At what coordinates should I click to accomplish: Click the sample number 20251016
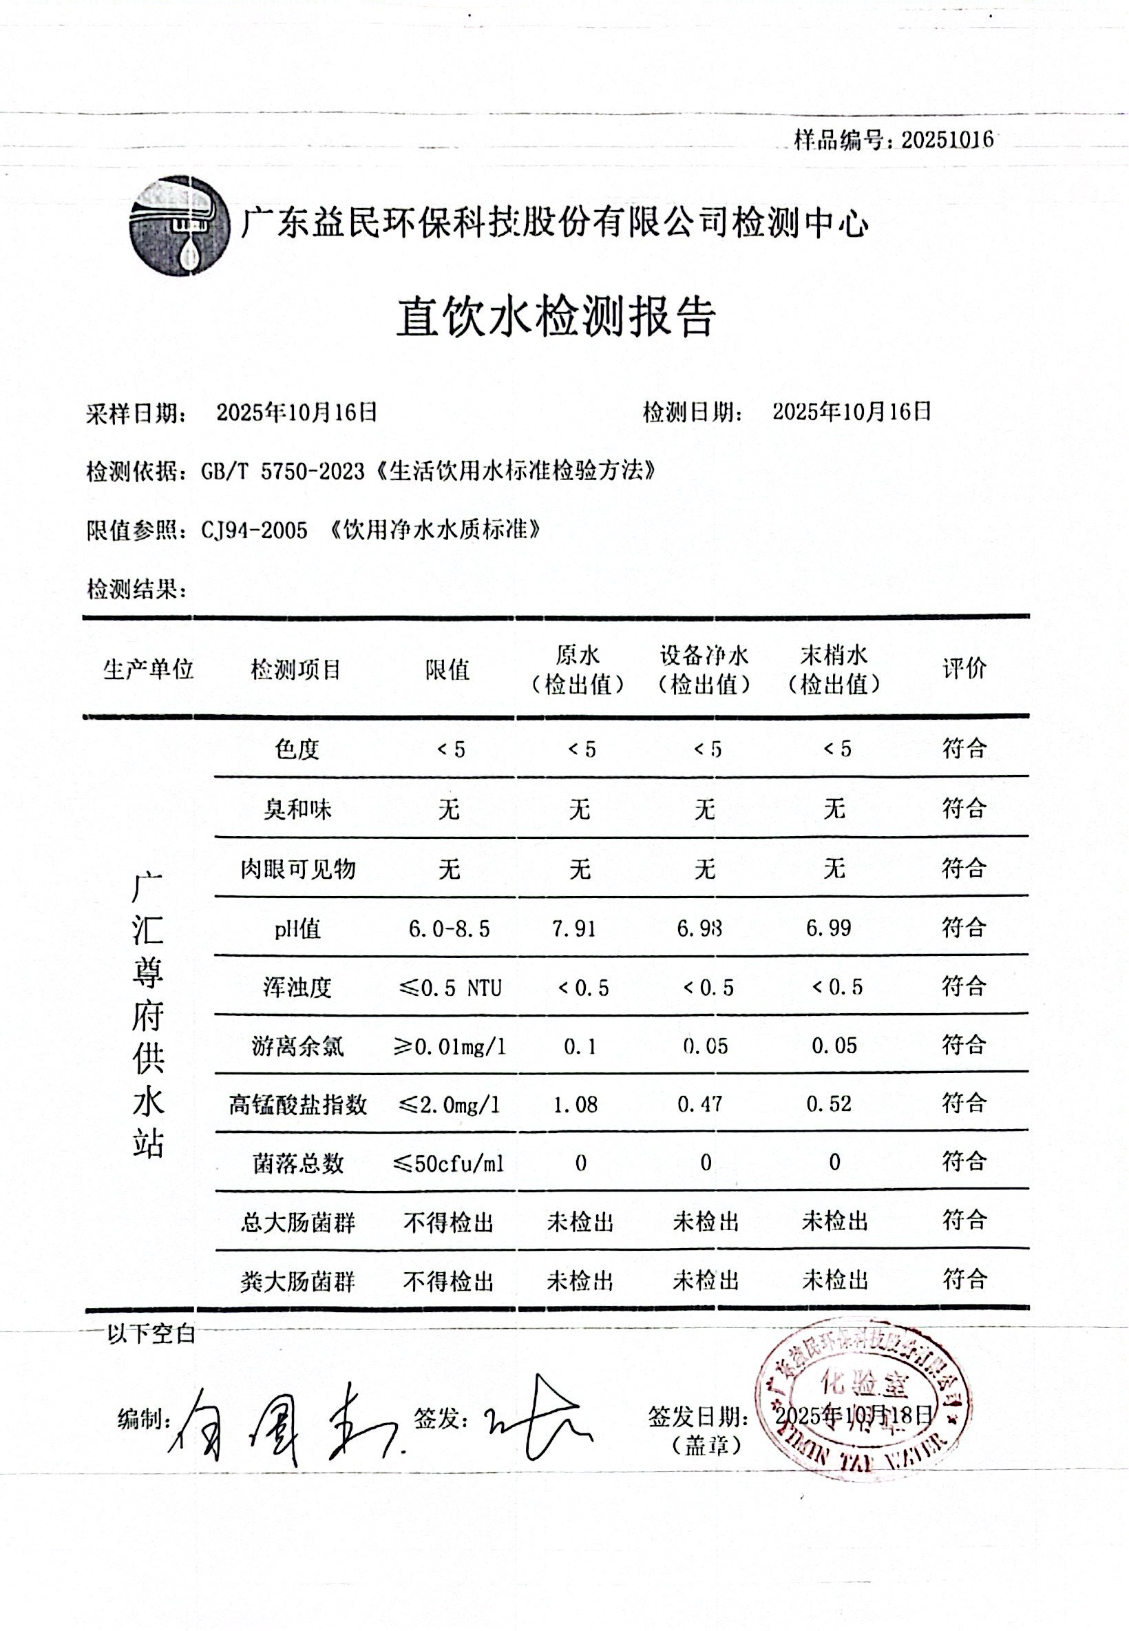click(947, 140)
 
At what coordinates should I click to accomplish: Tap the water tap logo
click(180, 226)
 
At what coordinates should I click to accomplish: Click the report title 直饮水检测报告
click(556, 315)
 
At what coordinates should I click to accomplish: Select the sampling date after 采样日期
click(297, 412)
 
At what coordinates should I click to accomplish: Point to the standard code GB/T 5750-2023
click(283, 471)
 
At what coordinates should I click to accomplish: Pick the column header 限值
click(447, 669)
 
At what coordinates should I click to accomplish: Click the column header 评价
click(964, 668)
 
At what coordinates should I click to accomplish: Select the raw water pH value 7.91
click(573, 928)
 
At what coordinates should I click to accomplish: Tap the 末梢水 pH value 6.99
click(828, 928)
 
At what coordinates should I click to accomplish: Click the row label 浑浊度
click(297, 987)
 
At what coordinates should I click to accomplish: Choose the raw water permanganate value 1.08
click(575, 1105)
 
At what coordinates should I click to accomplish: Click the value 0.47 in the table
click(699, 1105)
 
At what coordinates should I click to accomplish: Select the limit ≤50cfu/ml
click(448, 1163)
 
